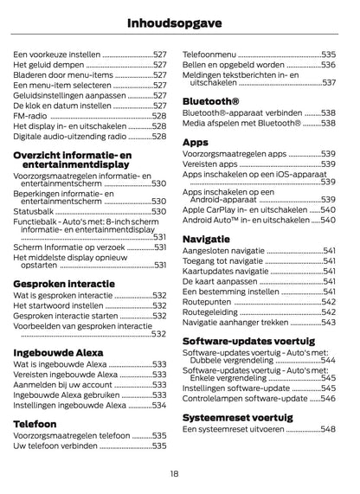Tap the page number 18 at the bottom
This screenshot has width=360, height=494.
[x=175, y=473]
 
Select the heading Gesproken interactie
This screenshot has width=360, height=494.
[x=63, y=283]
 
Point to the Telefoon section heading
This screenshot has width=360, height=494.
[x=35, y=424]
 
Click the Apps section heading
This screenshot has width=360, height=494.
[x=196, y=141]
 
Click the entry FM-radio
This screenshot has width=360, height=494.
[x=31, y=114]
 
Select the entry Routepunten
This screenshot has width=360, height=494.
[x=209, y=302]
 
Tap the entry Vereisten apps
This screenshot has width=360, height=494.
[x=210, y=164]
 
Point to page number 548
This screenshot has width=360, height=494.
[x=328, y=429]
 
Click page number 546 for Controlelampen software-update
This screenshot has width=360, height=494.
[x=328, y=399]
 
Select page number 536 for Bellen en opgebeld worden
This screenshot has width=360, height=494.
[x=328, y=64]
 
